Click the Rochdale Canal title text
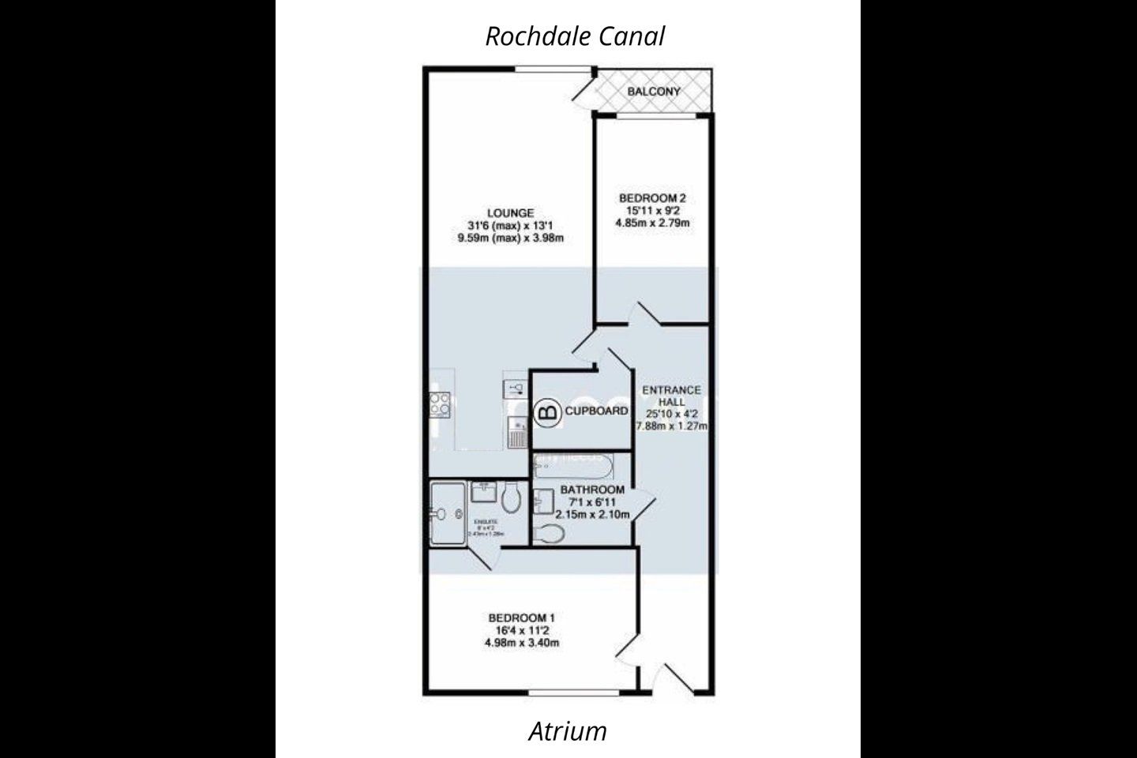pos(575,36)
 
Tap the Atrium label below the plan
pos(568,731)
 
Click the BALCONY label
pos(654,92)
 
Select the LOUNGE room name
pos(510,212)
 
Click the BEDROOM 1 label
pos(522,617)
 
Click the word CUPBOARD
pos(597,411)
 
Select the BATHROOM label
pos(592,490)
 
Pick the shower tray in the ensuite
pos(448,514)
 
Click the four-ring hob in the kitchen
pos(440,405)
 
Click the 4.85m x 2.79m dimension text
pos(652,223)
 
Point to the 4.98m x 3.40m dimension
pos(522,644)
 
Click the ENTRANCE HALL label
pos(671,396)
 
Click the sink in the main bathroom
pos(542,501)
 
